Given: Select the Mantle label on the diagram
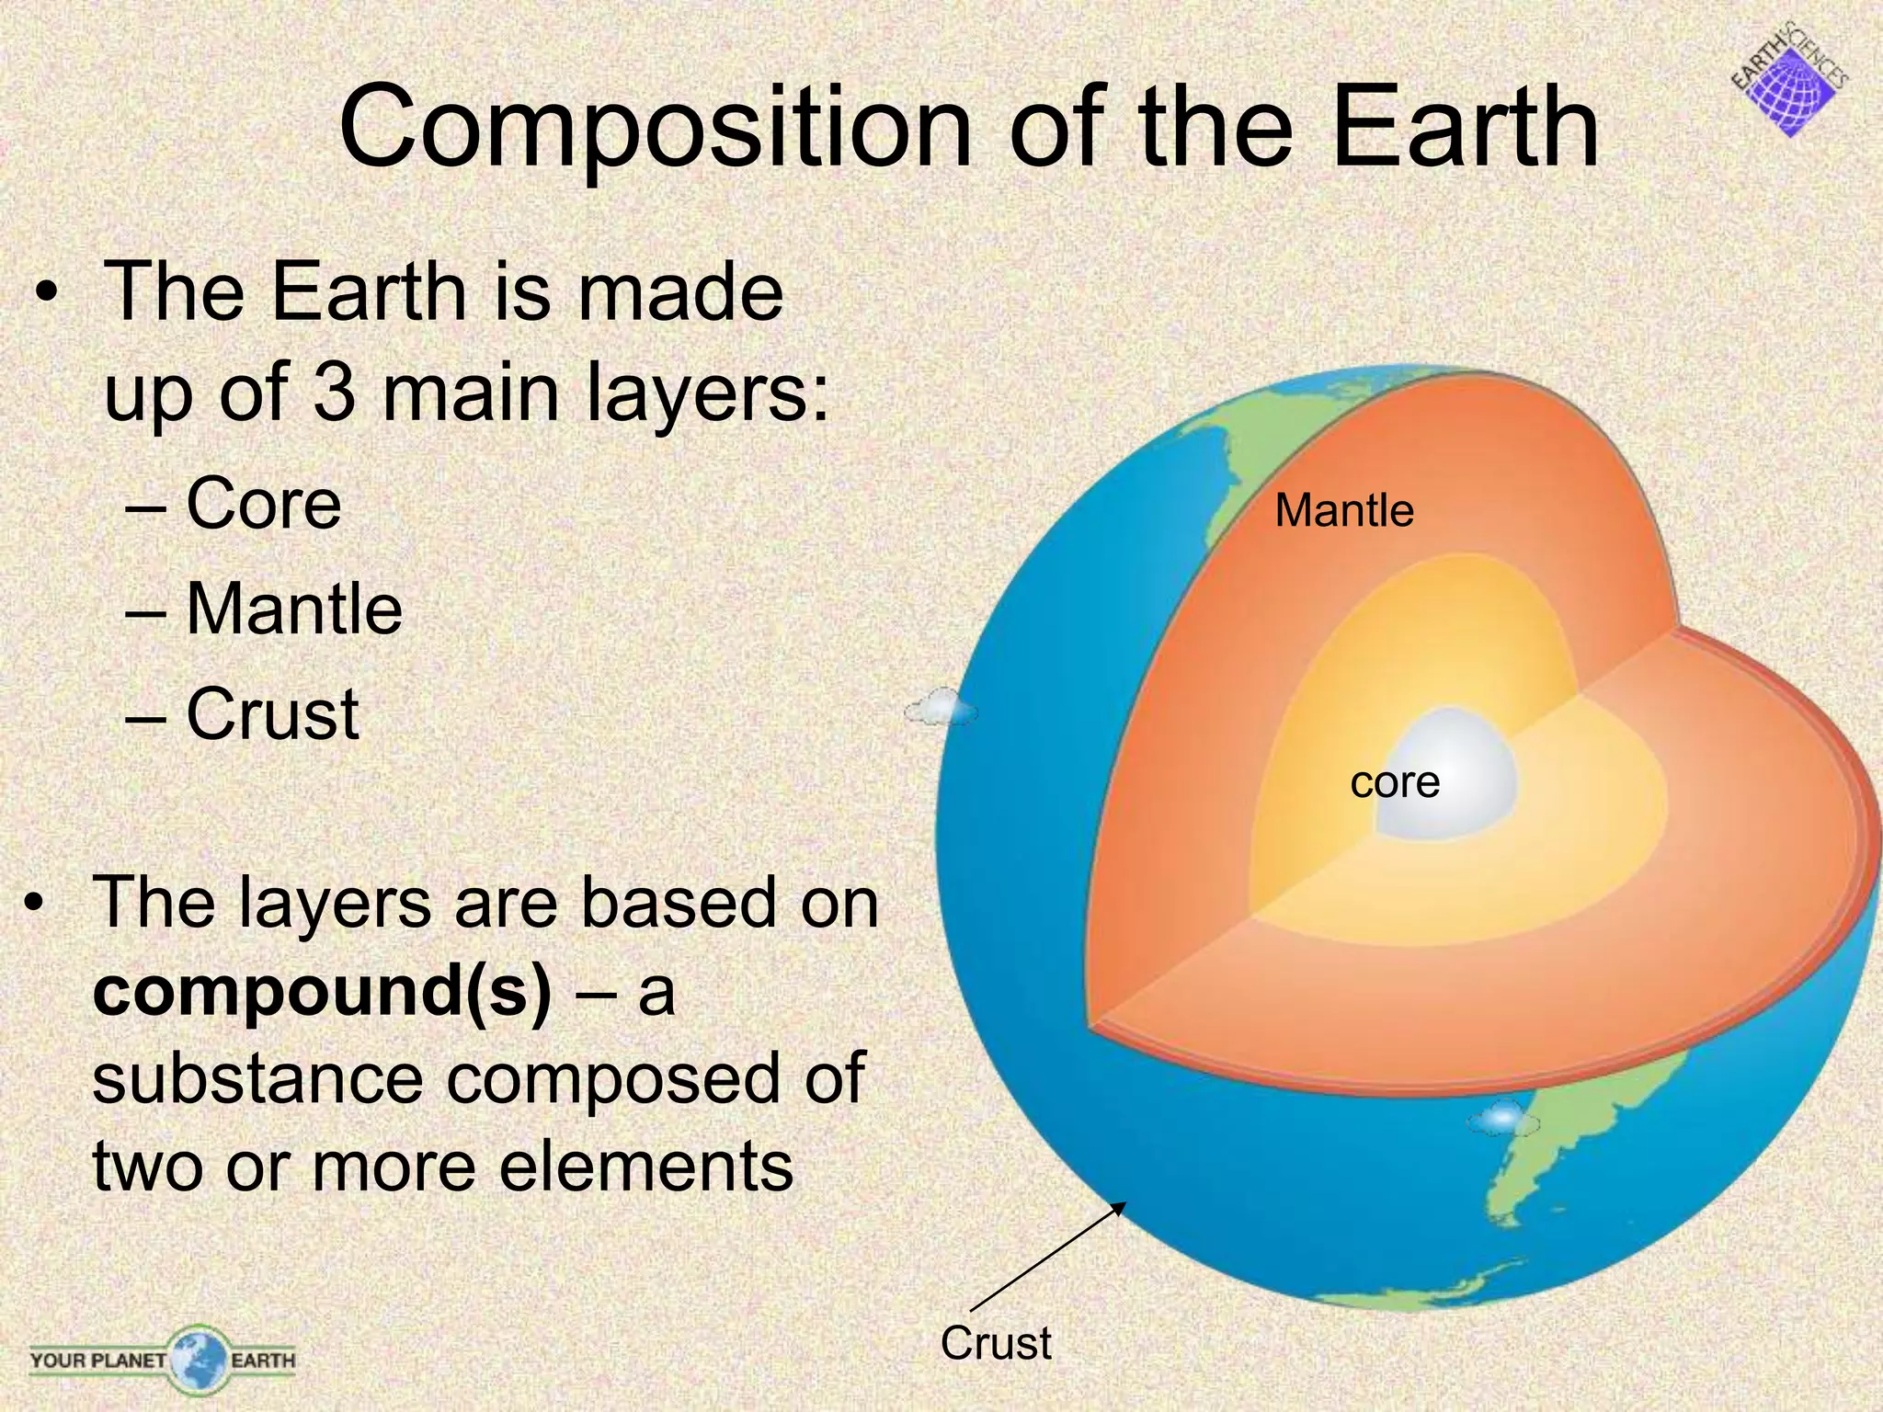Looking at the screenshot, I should coord(1343,511).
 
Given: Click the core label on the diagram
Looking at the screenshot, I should coord(1394,783).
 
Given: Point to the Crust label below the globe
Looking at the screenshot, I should coord(995,1343).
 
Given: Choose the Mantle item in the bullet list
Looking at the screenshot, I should coord(293,609).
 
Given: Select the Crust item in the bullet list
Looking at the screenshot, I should coord(271,714).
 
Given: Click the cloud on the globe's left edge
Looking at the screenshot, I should coord(940,709).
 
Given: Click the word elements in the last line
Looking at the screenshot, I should coord(644,1166).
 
